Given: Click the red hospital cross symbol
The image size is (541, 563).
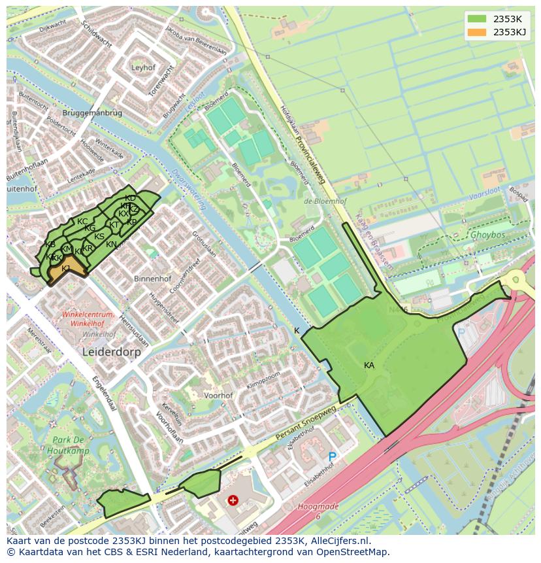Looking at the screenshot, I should pos(233,500).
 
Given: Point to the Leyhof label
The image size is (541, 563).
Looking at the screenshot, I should pos(143,67).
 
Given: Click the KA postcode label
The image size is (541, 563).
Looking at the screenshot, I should pos(369,366).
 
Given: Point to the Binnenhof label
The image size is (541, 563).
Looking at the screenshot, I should pos(152,279).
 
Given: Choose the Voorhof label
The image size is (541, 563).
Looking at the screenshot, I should pos(218,396).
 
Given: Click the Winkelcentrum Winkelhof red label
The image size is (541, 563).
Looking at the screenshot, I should pos(88,318).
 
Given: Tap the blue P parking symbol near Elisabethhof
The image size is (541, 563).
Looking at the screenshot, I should pos(332,457).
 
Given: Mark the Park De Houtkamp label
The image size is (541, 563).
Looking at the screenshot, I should pos(68,445).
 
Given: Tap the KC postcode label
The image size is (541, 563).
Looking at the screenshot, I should pos(82,222).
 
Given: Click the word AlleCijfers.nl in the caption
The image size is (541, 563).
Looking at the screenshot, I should pos(339,541).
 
